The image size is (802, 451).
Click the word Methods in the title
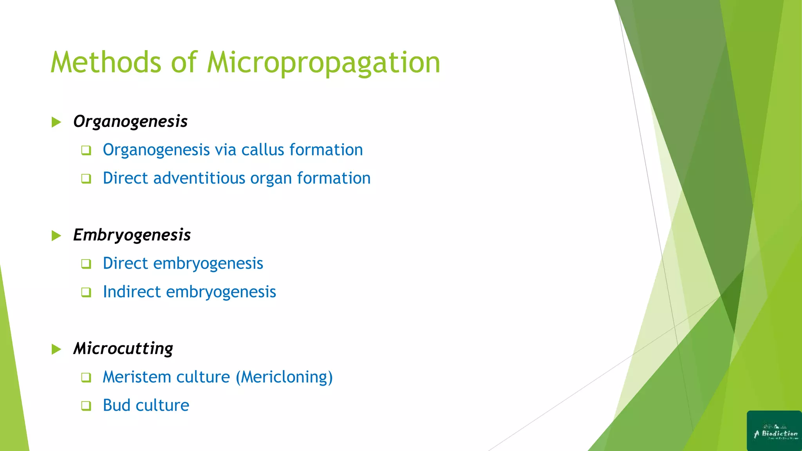point(106,63)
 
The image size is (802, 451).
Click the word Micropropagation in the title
point(323,63)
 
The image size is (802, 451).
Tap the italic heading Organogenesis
point(130,121)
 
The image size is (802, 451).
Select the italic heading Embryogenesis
point(132,235)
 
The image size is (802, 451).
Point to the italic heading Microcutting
point(123,348)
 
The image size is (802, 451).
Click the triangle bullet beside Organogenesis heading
point(56,122)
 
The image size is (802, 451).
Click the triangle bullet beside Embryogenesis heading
point(56,236)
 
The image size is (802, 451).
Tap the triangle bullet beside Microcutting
point(56,349)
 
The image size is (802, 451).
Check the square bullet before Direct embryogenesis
point(86,264)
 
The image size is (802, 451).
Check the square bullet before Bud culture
point(86,406)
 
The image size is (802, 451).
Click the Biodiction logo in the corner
point(774,431)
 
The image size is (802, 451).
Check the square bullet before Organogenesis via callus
point(86,150)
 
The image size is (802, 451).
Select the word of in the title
point(184,63)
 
